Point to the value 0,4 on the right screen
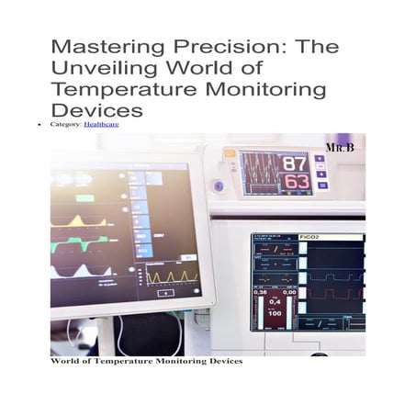coord(275,300)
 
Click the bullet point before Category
coord(41,122)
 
